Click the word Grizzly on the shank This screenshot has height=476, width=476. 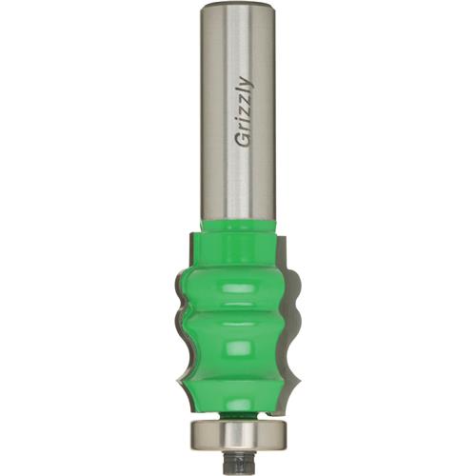(x=239, y=112)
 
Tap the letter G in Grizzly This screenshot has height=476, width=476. (x=239, y=139)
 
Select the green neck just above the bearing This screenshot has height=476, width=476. (x=238, y=411)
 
